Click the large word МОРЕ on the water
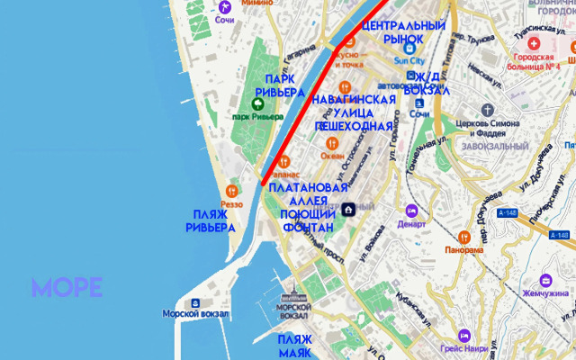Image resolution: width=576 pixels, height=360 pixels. pos(67,288)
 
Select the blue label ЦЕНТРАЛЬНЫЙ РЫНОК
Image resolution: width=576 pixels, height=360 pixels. pos(403,32)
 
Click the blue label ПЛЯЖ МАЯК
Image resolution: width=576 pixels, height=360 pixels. pos(294,346)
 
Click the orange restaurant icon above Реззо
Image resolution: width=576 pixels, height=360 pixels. pos(232,191)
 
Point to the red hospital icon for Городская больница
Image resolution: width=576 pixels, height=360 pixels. pos(535,43)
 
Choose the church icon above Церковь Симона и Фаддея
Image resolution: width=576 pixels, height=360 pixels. pos(489,108)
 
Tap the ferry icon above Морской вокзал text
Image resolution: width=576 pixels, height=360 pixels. pos(194,302)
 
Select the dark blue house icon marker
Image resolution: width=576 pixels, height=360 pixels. pos(348,210)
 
